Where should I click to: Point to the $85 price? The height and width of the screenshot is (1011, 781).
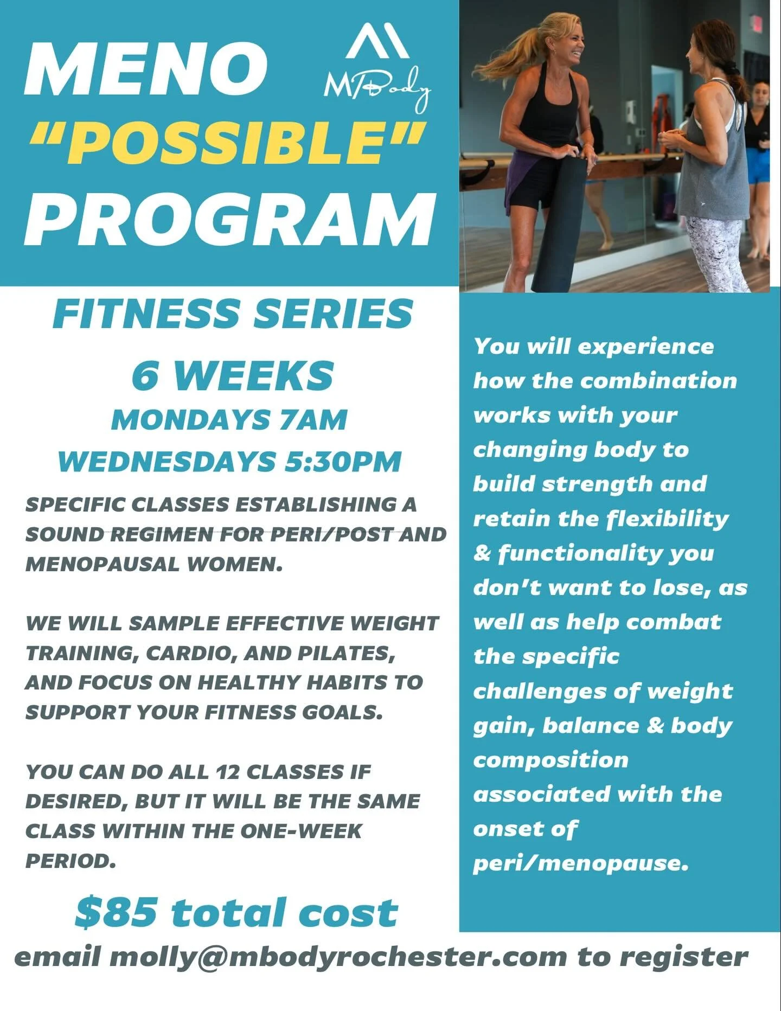pos(117,912)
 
